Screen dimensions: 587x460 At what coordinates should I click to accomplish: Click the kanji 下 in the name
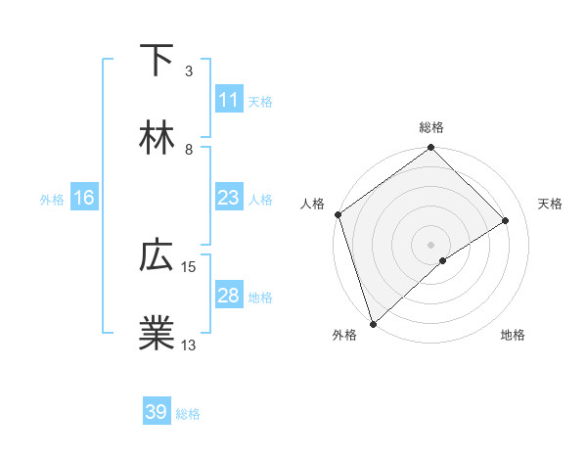157,61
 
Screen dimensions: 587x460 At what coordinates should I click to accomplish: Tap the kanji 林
157,140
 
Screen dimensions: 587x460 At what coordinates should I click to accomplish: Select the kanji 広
157,256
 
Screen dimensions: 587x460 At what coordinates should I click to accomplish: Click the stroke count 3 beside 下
189,71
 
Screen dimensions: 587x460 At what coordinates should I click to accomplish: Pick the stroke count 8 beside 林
189,150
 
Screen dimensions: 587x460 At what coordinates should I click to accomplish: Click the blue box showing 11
228,100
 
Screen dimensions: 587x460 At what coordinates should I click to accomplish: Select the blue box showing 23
228,198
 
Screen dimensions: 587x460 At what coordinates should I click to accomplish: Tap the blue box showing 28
228,296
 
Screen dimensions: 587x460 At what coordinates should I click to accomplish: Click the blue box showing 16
84,198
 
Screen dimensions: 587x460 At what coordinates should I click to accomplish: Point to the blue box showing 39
157,412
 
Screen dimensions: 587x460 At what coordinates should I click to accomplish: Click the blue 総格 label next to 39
188,414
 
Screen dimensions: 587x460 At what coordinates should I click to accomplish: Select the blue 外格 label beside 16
52,200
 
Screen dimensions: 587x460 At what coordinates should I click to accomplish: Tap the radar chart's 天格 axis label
550,204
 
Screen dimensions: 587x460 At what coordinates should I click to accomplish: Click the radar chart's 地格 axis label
513,336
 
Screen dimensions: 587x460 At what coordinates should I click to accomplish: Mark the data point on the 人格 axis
338,214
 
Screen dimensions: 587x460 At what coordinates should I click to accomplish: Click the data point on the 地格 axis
443,260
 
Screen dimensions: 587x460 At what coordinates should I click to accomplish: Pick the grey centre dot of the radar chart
430,244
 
